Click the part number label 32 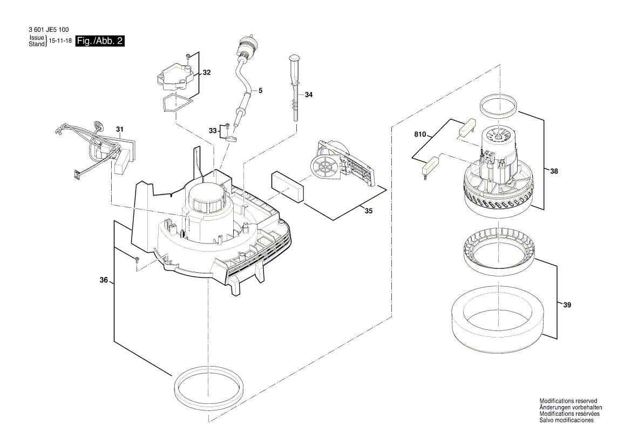[206, 72]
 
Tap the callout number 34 [308, 95]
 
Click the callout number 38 [554, 171]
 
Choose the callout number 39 [566, 306]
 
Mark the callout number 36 [104, 280]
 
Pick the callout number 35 [368, 211]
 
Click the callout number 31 [119, 129]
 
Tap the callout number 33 [213, 131]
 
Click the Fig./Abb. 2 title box [100, 41]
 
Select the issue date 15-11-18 [60, 41]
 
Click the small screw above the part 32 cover [187, 56]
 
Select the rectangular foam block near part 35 [288, 187]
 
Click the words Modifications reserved [568, 401]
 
